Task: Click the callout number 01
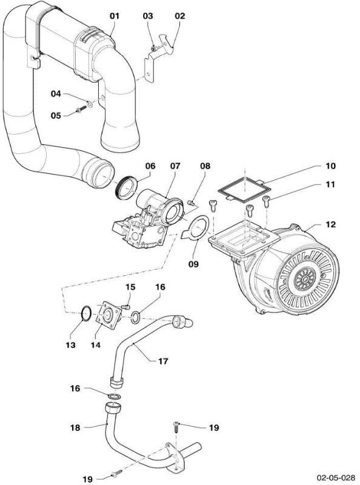pyautogui.click(x=115, y=16)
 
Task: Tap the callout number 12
pyautogui.click(x=331, y=224)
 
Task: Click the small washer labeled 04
pyautogui.click(x=89, y=104)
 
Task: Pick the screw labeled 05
pyautogui.click(x=81, y=110)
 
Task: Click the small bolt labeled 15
pyautogui.click(x=126, y=307)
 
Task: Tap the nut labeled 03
pyautogui.click(x=153, y=48)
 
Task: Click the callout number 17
pyautogui.click(x=163, y=361)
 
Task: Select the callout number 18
pyautogui.click(x=75, y=428)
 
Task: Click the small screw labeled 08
pyautogui.click(x=191, y=202)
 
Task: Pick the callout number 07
pyautogui.click(x=175, y=166)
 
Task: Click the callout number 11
pyautogui.click(x=331, y=185)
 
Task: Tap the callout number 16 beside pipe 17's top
pyautogui.click(x=160, y=287)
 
